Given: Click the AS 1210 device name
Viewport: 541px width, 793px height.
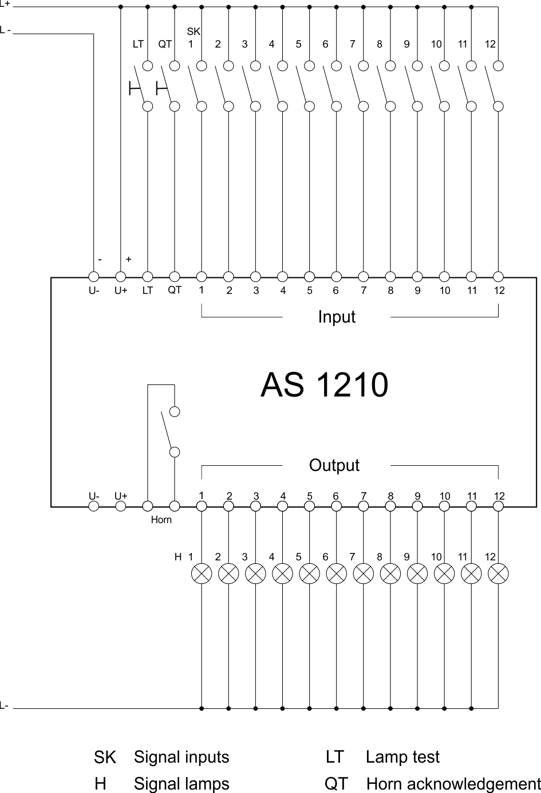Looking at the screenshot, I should pos(324,385).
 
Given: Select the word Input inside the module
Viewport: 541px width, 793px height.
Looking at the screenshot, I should pos(337,317).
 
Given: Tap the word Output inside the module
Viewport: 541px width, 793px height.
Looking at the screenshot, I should pos(334,465).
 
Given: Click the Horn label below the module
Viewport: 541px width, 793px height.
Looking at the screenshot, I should pos(161,520).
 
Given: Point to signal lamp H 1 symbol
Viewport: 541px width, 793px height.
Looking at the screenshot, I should pos(202,573).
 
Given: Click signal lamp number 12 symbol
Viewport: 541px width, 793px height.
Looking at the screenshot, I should pos(499,573).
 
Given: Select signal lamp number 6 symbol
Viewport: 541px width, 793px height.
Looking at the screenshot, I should pos(337,573).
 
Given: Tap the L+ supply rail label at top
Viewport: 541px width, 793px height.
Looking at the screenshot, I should pos(5,4).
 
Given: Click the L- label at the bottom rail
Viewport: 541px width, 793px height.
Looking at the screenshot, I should pos(5,705).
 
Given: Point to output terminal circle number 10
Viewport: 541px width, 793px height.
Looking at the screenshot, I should pos(444,506).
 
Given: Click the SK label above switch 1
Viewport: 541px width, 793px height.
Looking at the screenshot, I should pos(194,32).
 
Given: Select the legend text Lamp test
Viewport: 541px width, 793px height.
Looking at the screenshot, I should pos(402,757).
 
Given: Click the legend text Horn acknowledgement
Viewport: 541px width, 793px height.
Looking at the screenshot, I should pos(453,783).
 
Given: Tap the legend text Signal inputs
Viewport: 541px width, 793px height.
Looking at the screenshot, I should pos(181,757).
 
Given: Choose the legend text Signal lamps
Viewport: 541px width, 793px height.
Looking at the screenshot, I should pos(181,783).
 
